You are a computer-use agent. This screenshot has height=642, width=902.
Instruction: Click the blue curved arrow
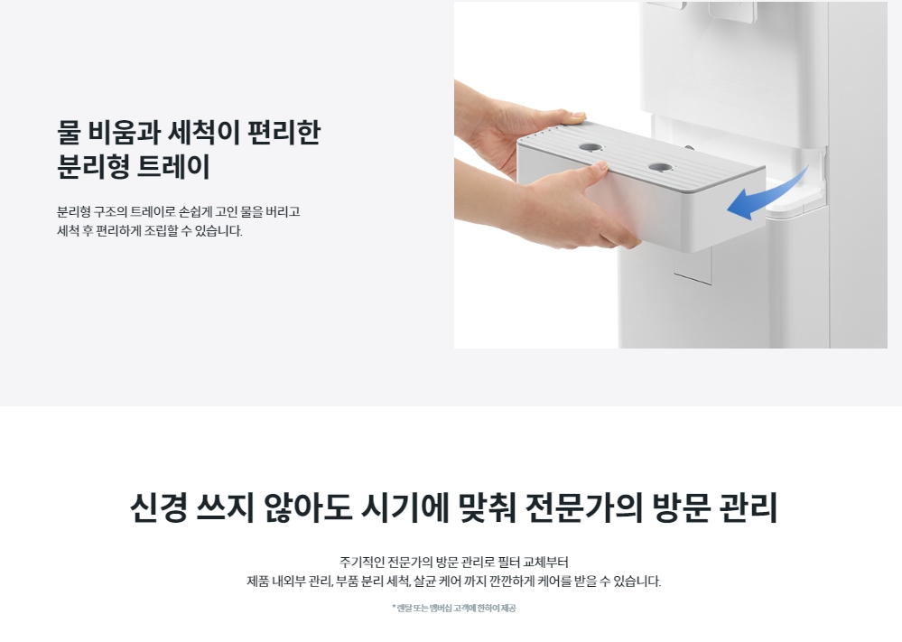coord(765,199)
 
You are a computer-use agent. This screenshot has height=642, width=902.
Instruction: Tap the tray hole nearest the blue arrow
coord(660,168)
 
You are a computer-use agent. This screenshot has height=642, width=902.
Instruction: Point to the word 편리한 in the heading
coord(284,133)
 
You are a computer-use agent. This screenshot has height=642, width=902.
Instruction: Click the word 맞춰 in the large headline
coord(487,507)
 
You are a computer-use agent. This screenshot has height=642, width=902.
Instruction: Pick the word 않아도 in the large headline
coord(307,507)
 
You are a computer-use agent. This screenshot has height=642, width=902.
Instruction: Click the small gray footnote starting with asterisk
coord(454,608)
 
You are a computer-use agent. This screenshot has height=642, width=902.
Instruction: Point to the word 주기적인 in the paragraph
coord(361,562)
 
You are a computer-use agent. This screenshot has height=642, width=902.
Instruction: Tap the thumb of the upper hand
coord(572,118)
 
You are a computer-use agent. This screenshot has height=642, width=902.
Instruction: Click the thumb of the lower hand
coord(594,172)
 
